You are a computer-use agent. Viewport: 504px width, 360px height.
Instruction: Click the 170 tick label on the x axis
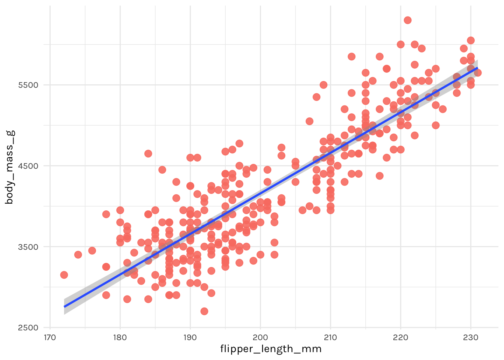(x=50, y=337)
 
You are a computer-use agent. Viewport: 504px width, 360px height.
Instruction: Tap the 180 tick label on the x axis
(x=120, y=337)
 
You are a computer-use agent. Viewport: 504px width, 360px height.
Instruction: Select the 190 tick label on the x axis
(x=190, y=337)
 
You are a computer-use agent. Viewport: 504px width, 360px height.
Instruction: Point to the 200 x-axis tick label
(x=260, y=337)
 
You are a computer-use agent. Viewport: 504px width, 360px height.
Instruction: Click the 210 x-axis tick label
(x=330, y=337)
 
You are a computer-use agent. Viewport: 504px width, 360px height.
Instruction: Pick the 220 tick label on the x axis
(x=400, y=337)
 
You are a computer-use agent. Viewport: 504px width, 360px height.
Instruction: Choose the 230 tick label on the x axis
(x=471, y=337)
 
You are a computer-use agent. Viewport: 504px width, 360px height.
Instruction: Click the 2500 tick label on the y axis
(x=28, y=328)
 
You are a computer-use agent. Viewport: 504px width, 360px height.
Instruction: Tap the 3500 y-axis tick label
(x=28, y=247)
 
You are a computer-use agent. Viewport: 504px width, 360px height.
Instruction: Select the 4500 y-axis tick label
(x=28, y=166)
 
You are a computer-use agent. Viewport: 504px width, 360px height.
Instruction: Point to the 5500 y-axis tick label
(x=28, y=85)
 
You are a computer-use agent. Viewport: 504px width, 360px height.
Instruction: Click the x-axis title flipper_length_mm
(x=271, y=349)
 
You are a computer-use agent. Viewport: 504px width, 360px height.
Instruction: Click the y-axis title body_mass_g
(x=10, y=167)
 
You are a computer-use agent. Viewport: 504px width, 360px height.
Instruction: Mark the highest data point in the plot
(x=408, y=20)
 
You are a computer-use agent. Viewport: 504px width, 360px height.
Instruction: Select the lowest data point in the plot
(x=204, y=311)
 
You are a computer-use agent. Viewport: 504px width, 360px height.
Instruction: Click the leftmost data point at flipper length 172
(x=64, y=275)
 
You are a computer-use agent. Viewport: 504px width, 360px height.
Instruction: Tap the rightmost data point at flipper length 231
(x=478, y=73)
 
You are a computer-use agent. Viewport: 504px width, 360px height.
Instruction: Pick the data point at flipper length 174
(x=78, y=255)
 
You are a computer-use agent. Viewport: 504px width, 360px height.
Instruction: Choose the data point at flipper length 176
(x=92, y=250)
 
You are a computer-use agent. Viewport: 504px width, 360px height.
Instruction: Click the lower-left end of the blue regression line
(x=64, y=307)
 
